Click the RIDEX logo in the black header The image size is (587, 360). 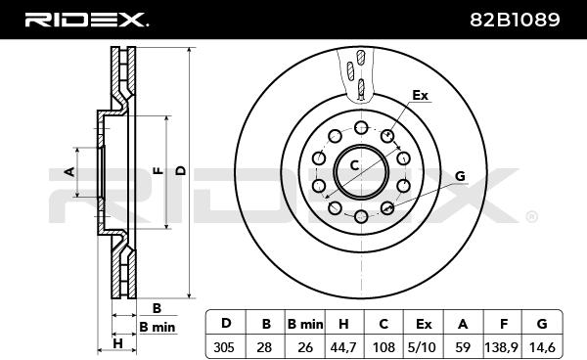pos(86,20)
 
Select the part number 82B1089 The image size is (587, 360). pos(515,20)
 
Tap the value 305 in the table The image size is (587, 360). pos(223,347)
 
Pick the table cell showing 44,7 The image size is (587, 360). pos(343,347)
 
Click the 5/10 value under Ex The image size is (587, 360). pos(423,347)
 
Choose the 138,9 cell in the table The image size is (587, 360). pos(501,347)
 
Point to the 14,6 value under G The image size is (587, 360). pos(541,347)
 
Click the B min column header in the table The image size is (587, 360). pos(305,324)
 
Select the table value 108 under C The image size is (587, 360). pos(384,347)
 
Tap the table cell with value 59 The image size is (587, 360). pos(463,347)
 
